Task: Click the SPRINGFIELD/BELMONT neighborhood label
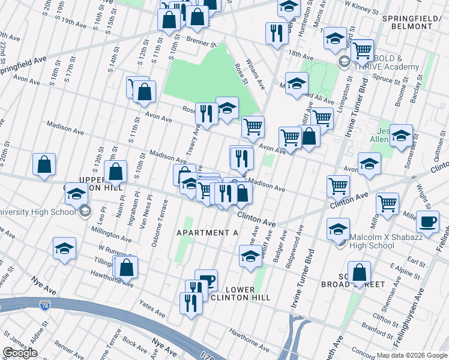415,22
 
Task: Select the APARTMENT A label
202,232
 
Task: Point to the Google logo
20,353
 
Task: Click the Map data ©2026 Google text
411,355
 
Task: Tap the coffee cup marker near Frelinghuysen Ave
427,221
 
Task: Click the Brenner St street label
201,43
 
